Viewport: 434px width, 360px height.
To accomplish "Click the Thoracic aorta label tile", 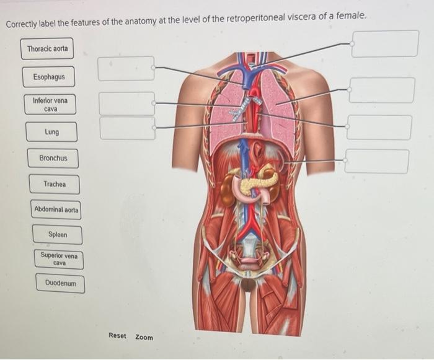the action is (x=48, y=48).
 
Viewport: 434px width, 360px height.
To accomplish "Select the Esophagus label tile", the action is (x=53, y=77).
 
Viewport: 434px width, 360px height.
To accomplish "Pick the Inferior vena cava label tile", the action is (x=50, y=104).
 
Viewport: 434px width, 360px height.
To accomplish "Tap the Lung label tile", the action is (x=52, y=132).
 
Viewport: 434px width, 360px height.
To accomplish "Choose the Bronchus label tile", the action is (x=53, y=158).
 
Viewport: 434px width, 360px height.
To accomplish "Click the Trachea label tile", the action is (x=55, y=184).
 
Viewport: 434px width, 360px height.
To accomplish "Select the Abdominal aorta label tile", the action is (x=56, y=210).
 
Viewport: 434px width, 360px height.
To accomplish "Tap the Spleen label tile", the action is (x=58, y=235).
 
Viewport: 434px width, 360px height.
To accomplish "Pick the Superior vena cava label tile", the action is (x=59, y=259).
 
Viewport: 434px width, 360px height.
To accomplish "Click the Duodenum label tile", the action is (x=61, y=284).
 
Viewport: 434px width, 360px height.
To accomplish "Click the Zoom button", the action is (x=144, y=337).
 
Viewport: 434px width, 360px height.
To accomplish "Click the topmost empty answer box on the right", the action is (x=384, y=43).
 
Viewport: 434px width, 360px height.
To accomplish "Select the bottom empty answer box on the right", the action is (x=377, y=161).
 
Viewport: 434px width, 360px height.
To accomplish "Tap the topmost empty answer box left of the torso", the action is (x=126, y=68).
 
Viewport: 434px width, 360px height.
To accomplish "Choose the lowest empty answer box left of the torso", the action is (x=127, y=128).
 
